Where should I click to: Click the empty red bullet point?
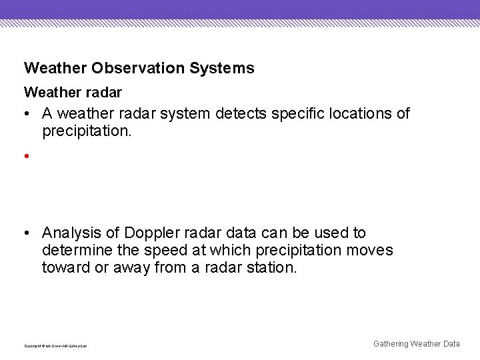click(25, 157)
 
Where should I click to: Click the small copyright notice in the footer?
click(55, 346)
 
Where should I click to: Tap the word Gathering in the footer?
click(391, 344)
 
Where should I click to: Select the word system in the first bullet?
click(189, 114)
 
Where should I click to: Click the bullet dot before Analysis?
click(25, 233)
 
